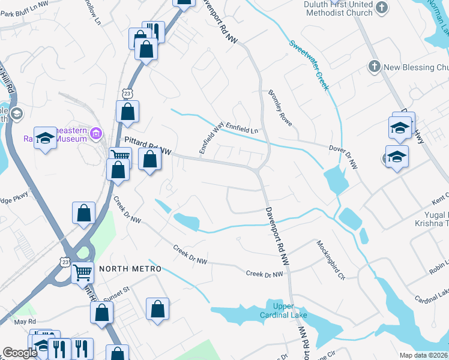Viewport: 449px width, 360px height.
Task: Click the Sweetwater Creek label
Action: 310,65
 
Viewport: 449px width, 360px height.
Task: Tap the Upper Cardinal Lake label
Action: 283,311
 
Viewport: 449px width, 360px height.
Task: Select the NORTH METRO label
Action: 130,269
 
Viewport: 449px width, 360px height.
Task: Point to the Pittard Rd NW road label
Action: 148,142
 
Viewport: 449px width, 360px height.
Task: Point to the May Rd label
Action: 21,322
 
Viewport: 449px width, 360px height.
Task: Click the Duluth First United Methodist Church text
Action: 338,9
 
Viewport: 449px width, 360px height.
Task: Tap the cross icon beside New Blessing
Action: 374,67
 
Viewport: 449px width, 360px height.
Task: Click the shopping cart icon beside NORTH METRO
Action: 83,272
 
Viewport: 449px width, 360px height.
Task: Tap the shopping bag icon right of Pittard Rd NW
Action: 149,160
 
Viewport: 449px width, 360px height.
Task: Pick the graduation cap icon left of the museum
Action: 45,139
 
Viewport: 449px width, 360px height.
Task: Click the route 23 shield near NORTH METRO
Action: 65,262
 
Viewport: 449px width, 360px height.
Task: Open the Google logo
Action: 20,353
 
